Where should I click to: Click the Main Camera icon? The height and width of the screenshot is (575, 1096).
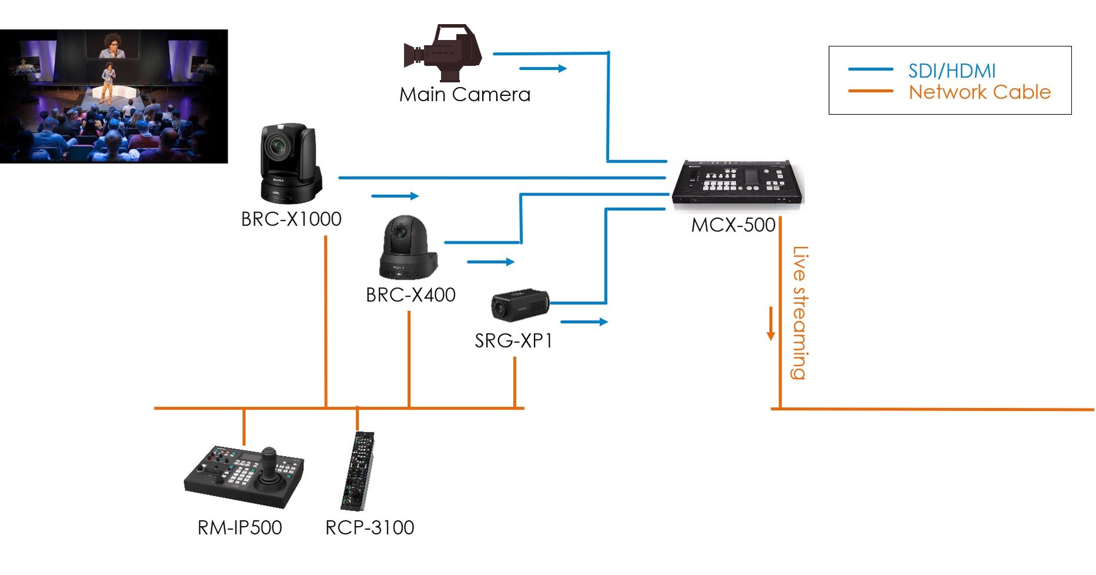pos(443,52)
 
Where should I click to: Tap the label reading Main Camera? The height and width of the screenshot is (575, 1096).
pos(465,95)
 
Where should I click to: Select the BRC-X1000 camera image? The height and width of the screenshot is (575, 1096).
pos(290,163)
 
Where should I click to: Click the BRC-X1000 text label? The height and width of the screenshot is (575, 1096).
pos(291,219)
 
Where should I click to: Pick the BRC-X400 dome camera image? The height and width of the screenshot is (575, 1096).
pos(407,247)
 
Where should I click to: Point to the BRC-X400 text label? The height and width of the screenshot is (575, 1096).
pos(410,295)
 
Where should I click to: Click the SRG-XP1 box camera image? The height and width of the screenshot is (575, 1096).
pos(520,305)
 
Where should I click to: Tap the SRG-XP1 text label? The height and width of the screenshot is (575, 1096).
pos(513,341)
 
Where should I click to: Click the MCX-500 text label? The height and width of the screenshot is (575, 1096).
pos(733,225)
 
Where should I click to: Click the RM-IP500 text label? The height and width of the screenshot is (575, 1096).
pos(239,527)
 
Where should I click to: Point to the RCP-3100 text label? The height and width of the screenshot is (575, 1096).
pos(370,527)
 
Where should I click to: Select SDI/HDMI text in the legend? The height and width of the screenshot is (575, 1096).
pos(951,71)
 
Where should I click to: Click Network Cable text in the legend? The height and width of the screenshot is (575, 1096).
pos(979,92)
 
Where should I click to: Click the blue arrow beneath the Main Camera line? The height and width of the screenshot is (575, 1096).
pos(543,69)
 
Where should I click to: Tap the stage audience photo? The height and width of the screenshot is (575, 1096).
pos(113,96)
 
